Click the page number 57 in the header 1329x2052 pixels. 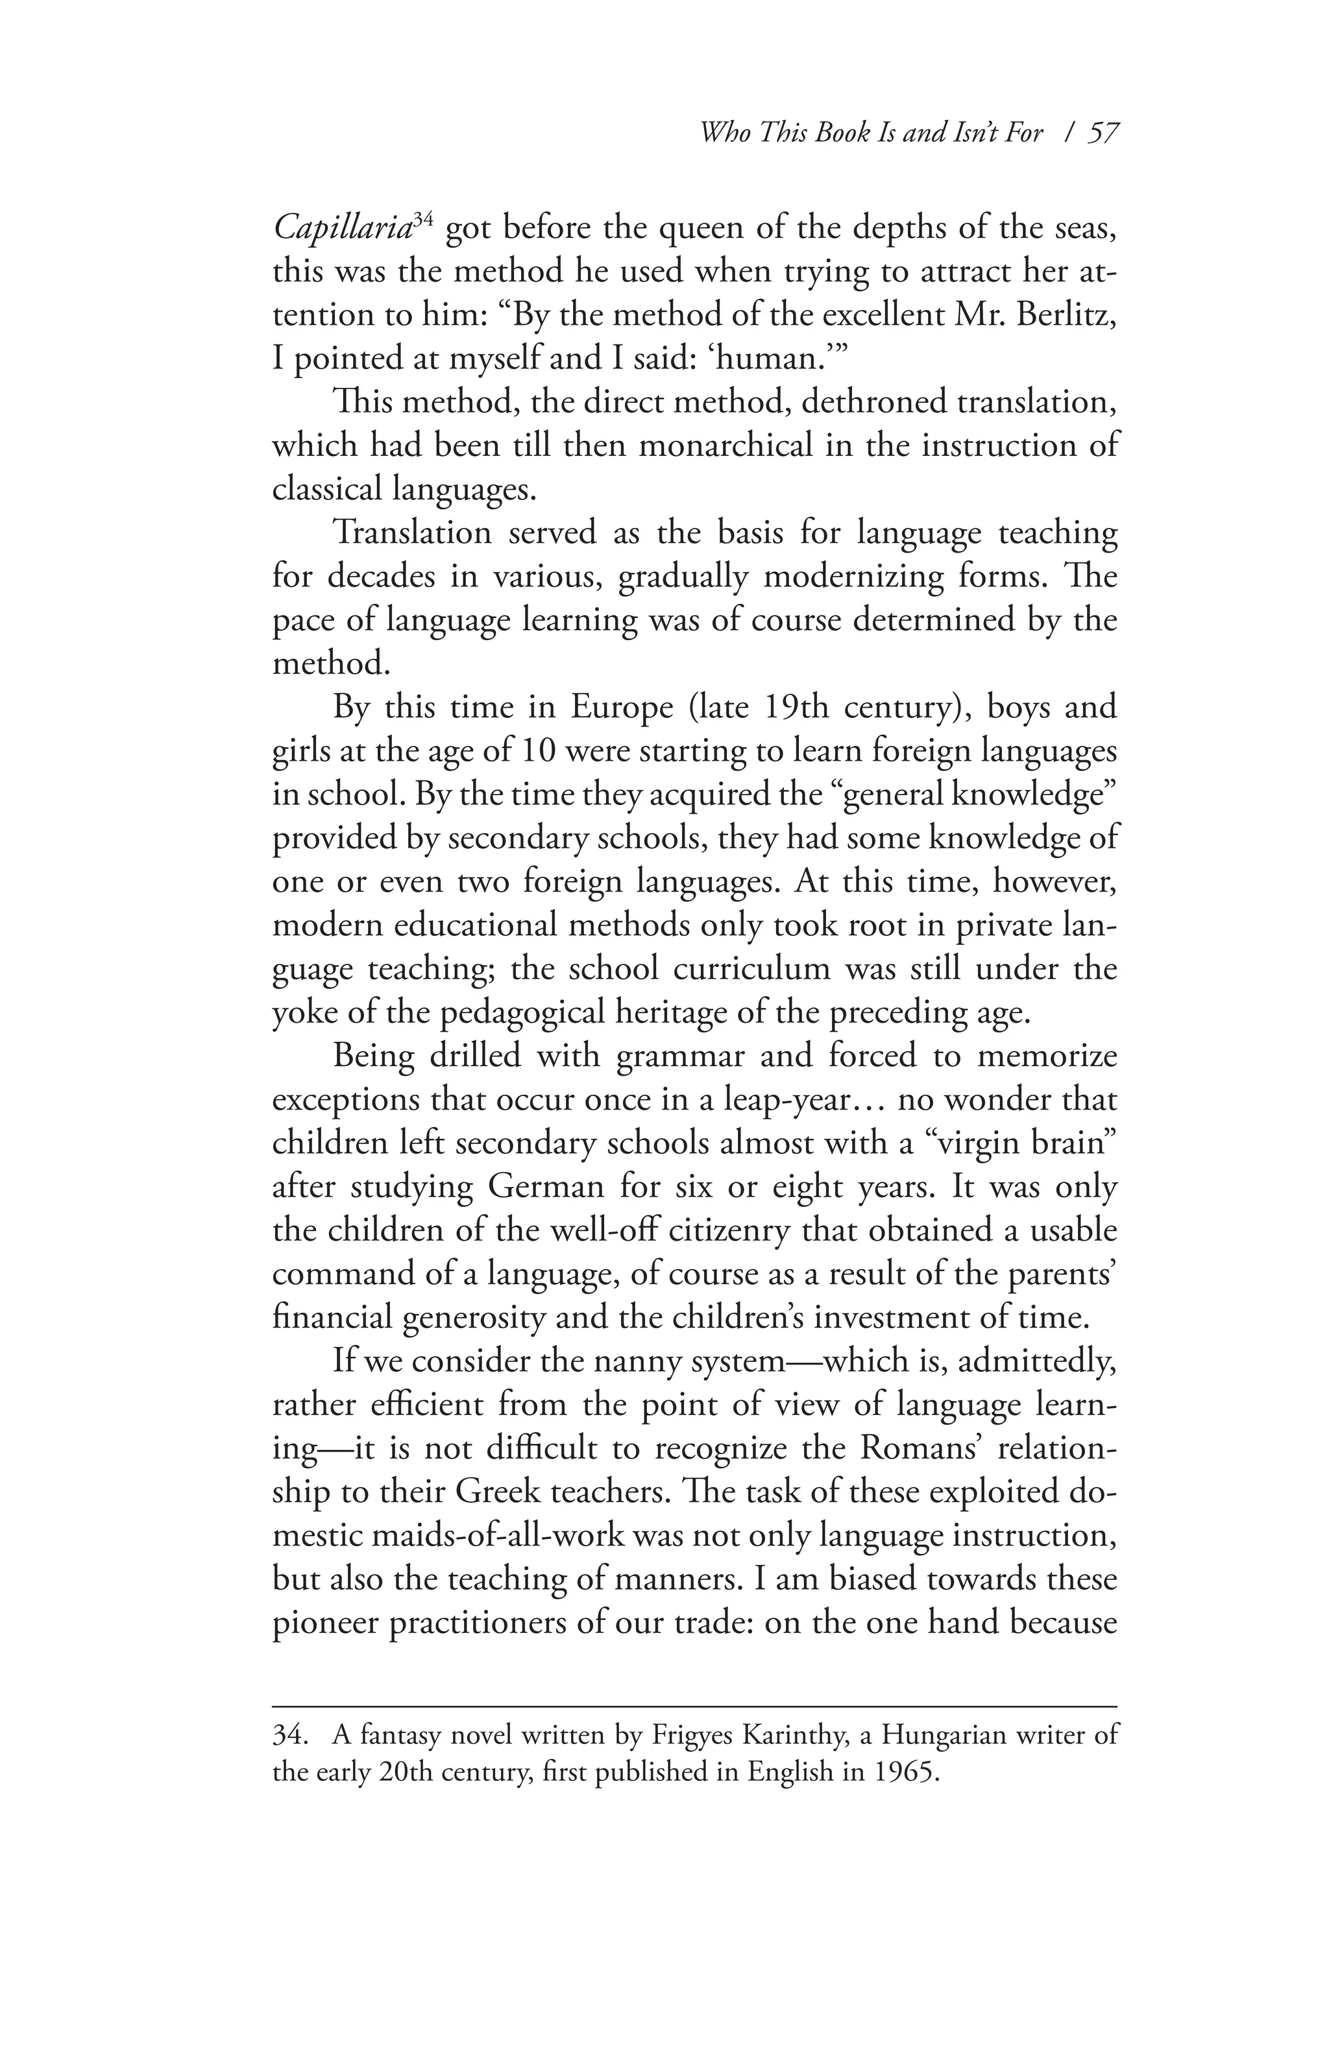[x=1101, y=133]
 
